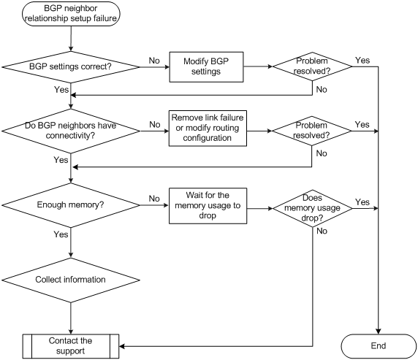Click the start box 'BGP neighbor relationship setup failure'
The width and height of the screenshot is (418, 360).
pos(71,14)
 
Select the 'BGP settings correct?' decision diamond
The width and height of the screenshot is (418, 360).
pos(71,67)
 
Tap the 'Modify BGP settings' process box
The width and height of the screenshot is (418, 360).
pos(206,67)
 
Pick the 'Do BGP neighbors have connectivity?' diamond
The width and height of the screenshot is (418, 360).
pos(71,131)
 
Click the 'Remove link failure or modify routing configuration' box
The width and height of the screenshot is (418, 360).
pos(208,129)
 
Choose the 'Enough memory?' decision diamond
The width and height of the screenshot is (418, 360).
pos(71,205)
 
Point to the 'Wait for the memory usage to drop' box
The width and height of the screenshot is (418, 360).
pos(208,206)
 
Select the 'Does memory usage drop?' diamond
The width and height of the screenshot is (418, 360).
pos(313,208)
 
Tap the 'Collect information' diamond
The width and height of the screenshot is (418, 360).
pos(71,280)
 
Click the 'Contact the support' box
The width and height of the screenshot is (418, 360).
pos(71,346)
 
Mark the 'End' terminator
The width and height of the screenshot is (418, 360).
pos(379,346)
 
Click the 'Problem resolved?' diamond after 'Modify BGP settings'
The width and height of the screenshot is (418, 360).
pos(312,66)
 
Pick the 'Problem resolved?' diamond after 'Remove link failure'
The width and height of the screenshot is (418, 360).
pos(311,131)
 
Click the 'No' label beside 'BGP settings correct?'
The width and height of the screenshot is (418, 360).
pos(154,61)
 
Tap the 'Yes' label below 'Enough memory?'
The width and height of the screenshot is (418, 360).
pos(61,234)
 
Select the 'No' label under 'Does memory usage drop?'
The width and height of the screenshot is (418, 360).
pos(322,231)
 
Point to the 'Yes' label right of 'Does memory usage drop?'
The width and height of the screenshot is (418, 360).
pos(362,202)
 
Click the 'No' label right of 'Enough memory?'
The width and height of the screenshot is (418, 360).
pos(154,199)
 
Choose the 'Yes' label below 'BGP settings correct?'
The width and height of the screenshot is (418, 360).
pos(61,90)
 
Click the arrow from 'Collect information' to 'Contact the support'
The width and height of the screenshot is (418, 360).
pos(71,318)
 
